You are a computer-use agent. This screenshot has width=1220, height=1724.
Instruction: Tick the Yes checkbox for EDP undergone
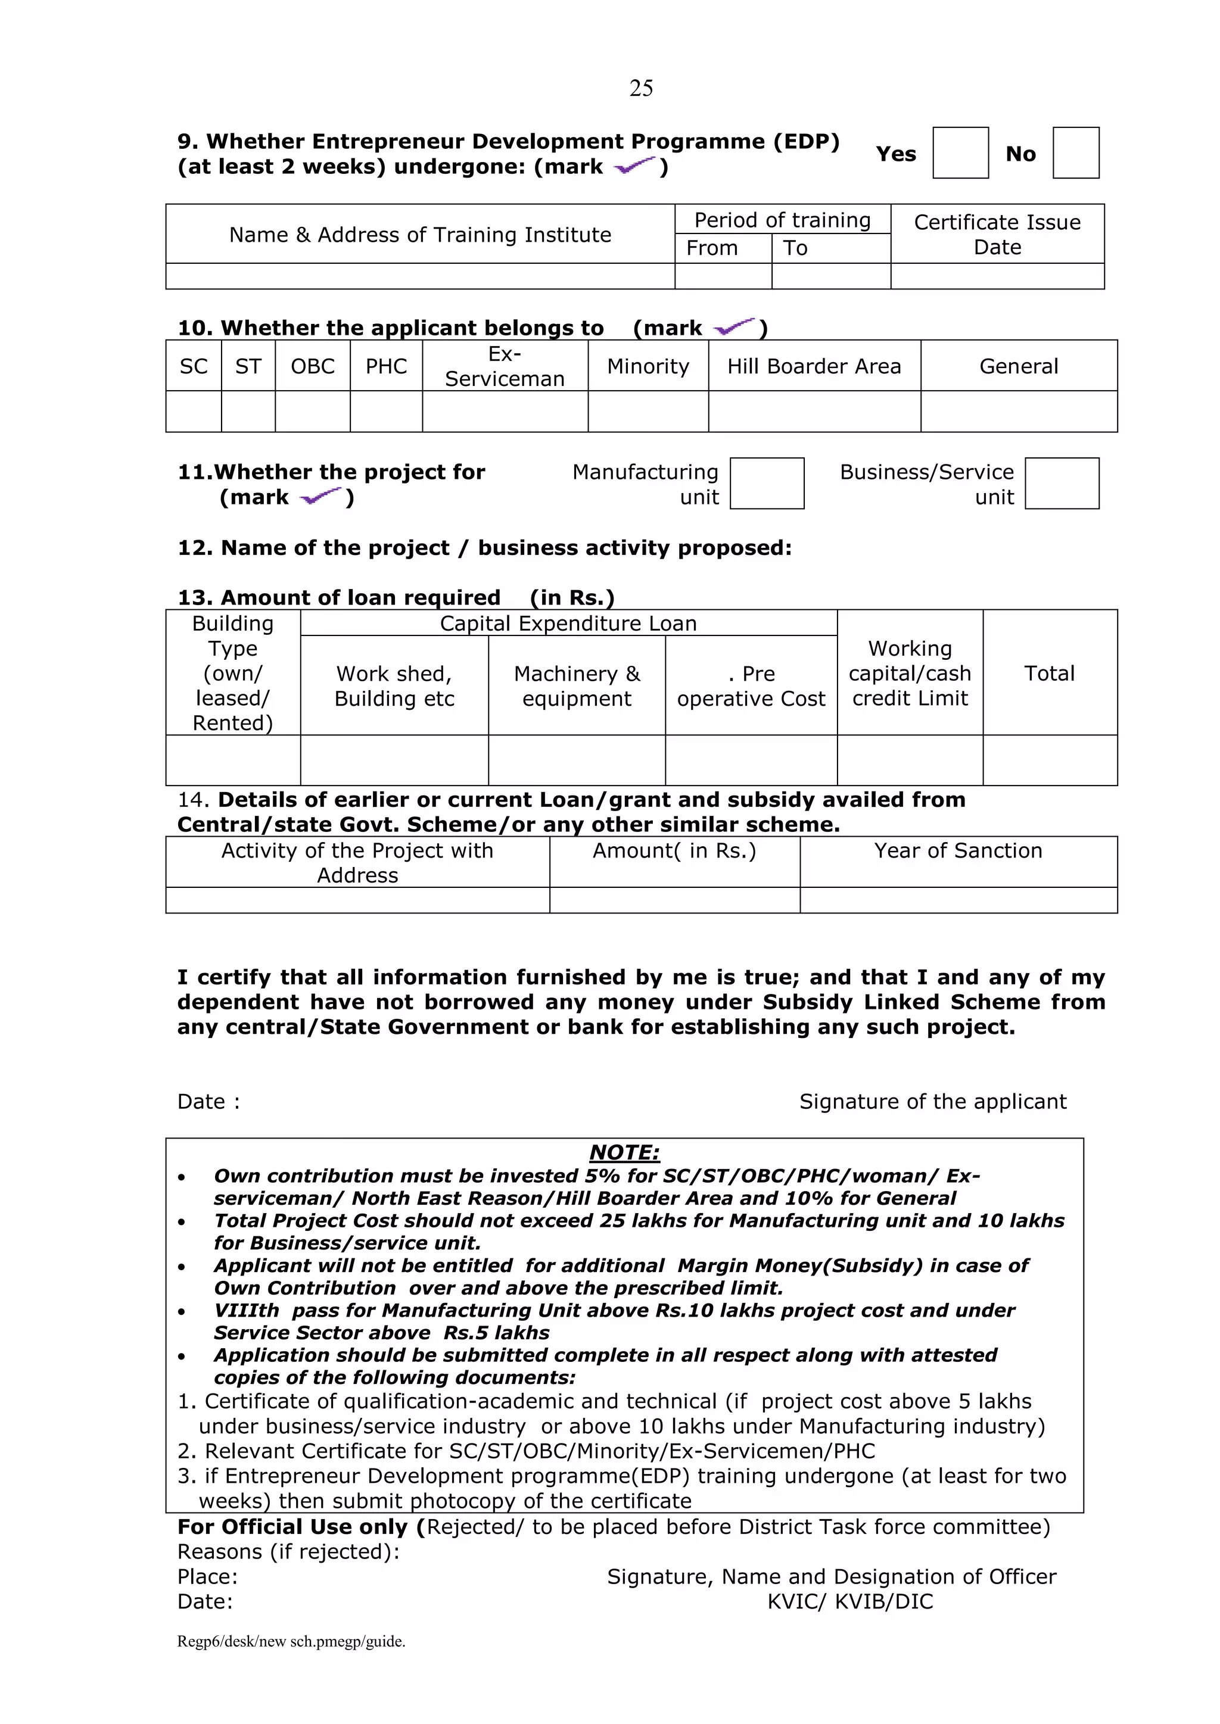click(960, 152)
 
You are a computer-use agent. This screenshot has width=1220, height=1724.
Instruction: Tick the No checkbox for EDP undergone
click(1075, 152)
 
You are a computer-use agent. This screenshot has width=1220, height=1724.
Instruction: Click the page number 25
click(641, 89)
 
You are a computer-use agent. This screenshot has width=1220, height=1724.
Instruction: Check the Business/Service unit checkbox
click(1061, 484)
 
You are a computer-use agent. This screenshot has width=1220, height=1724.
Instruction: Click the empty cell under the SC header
click(193, 411)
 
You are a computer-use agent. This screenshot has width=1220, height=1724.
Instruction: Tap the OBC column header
click(313, 366)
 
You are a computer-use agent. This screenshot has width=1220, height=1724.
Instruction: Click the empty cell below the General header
click(1018, 411)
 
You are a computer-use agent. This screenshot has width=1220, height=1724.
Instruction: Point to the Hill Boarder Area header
click(814, 366)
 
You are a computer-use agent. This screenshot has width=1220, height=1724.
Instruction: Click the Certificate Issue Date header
click(997, 234)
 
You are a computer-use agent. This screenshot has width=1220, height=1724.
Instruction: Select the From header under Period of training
click(712, 248)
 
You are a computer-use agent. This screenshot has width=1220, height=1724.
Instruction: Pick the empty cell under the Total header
click(1050, 760)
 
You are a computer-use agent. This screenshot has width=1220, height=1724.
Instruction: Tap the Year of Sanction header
click(958, 851)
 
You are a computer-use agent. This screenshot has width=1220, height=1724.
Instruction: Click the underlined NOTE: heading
click(624, 1152)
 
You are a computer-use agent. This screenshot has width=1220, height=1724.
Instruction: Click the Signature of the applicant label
click(932, 1102)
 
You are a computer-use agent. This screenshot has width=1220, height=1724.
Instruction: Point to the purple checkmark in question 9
click(635, 166)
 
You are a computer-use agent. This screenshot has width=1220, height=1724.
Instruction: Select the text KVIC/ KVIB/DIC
click(849, 1601)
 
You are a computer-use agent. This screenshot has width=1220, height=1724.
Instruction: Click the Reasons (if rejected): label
click(288, 1551)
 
